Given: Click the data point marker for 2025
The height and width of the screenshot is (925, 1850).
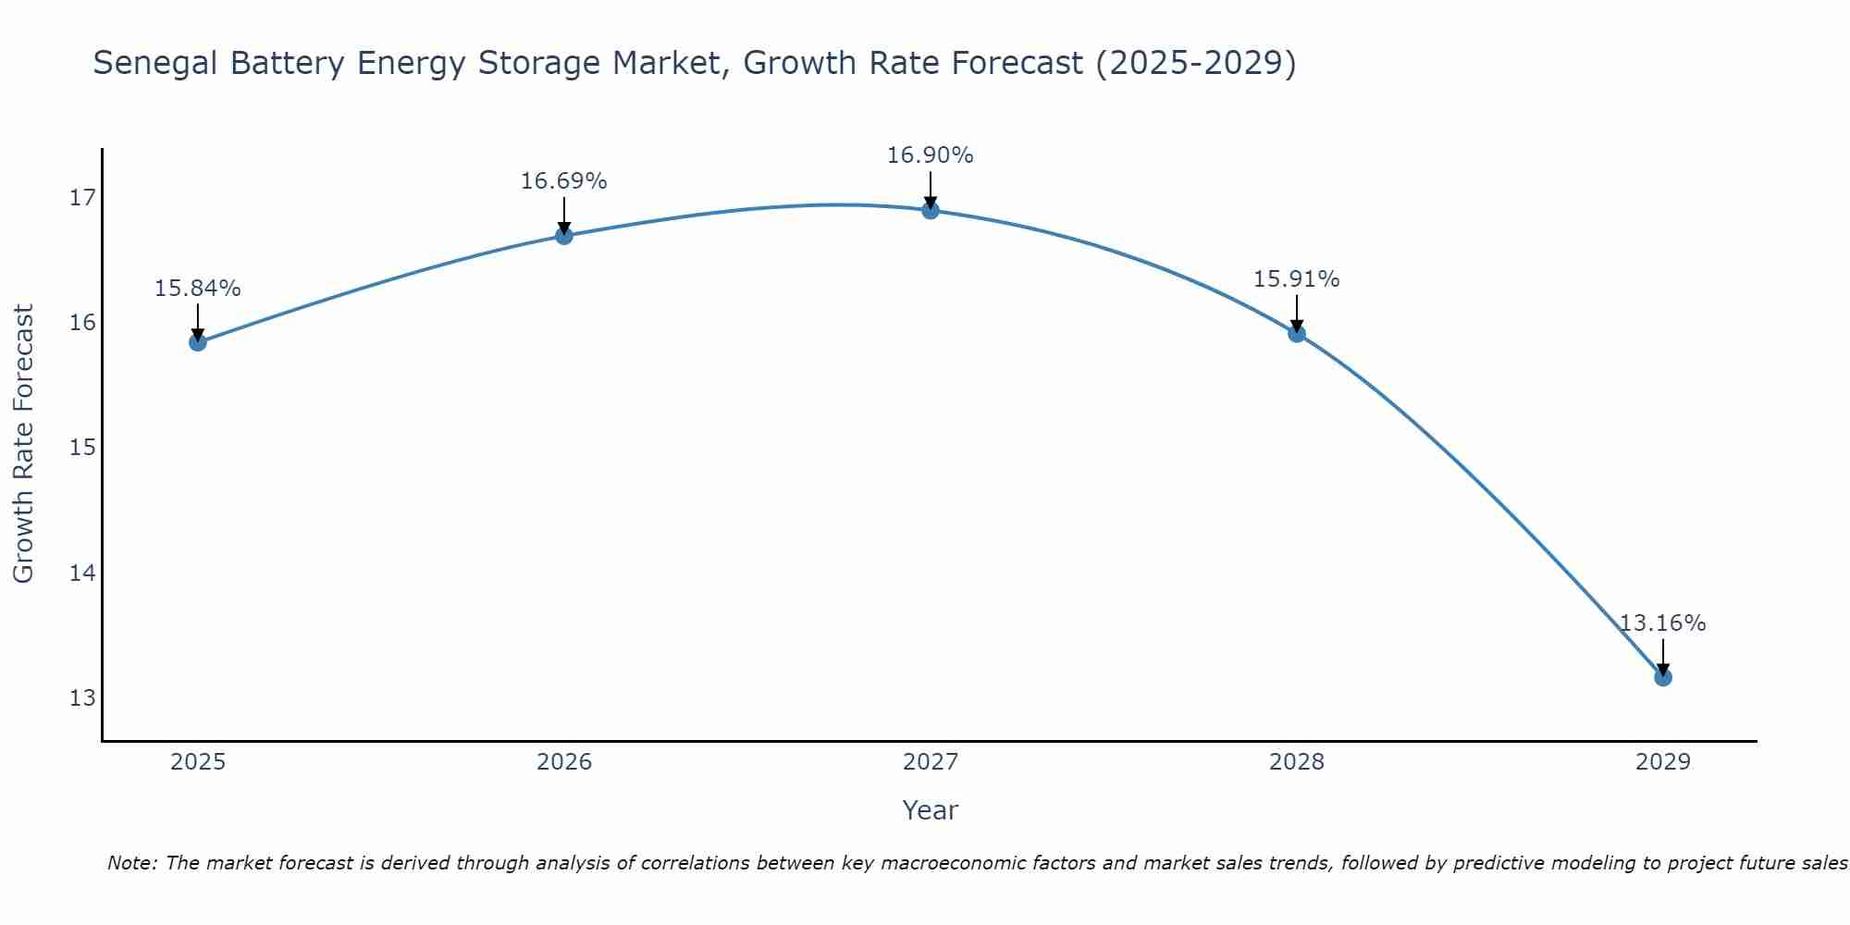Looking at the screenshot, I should click(198, 342).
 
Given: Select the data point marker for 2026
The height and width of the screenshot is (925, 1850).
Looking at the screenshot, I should click(564, 235).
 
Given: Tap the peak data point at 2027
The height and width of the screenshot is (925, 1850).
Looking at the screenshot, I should click(931, 210).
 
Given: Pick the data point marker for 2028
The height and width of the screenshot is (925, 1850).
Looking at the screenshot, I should click(1297, 333).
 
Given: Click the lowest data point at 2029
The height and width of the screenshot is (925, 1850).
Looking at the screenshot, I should click(1663, 677).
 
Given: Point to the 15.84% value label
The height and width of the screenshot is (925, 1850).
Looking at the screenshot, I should click(198, 289).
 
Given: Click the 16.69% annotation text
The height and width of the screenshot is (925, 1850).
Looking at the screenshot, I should click(564, 181).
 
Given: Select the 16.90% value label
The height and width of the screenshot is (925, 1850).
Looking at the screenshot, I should click(931, 155).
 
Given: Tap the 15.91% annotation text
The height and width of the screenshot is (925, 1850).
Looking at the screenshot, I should click(1297, 279).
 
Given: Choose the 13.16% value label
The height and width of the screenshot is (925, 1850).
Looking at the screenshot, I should click(1663, 623).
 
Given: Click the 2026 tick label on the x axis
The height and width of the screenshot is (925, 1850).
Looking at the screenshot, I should click(564, 762).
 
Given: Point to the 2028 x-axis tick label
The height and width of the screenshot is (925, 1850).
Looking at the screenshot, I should click(1297, 762).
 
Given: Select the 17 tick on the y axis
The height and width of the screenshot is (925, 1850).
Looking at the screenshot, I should click(82, 198).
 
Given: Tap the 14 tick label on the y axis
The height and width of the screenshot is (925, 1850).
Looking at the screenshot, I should click(82, 573).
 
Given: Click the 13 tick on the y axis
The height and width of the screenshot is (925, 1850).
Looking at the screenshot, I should click(82, 697).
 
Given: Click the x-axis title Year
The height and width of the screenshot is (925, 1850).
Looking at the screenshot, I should click(931, 810).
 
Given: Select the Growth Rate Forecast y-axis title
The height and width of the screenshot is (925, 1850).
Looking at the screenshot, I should click(24, 444).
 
